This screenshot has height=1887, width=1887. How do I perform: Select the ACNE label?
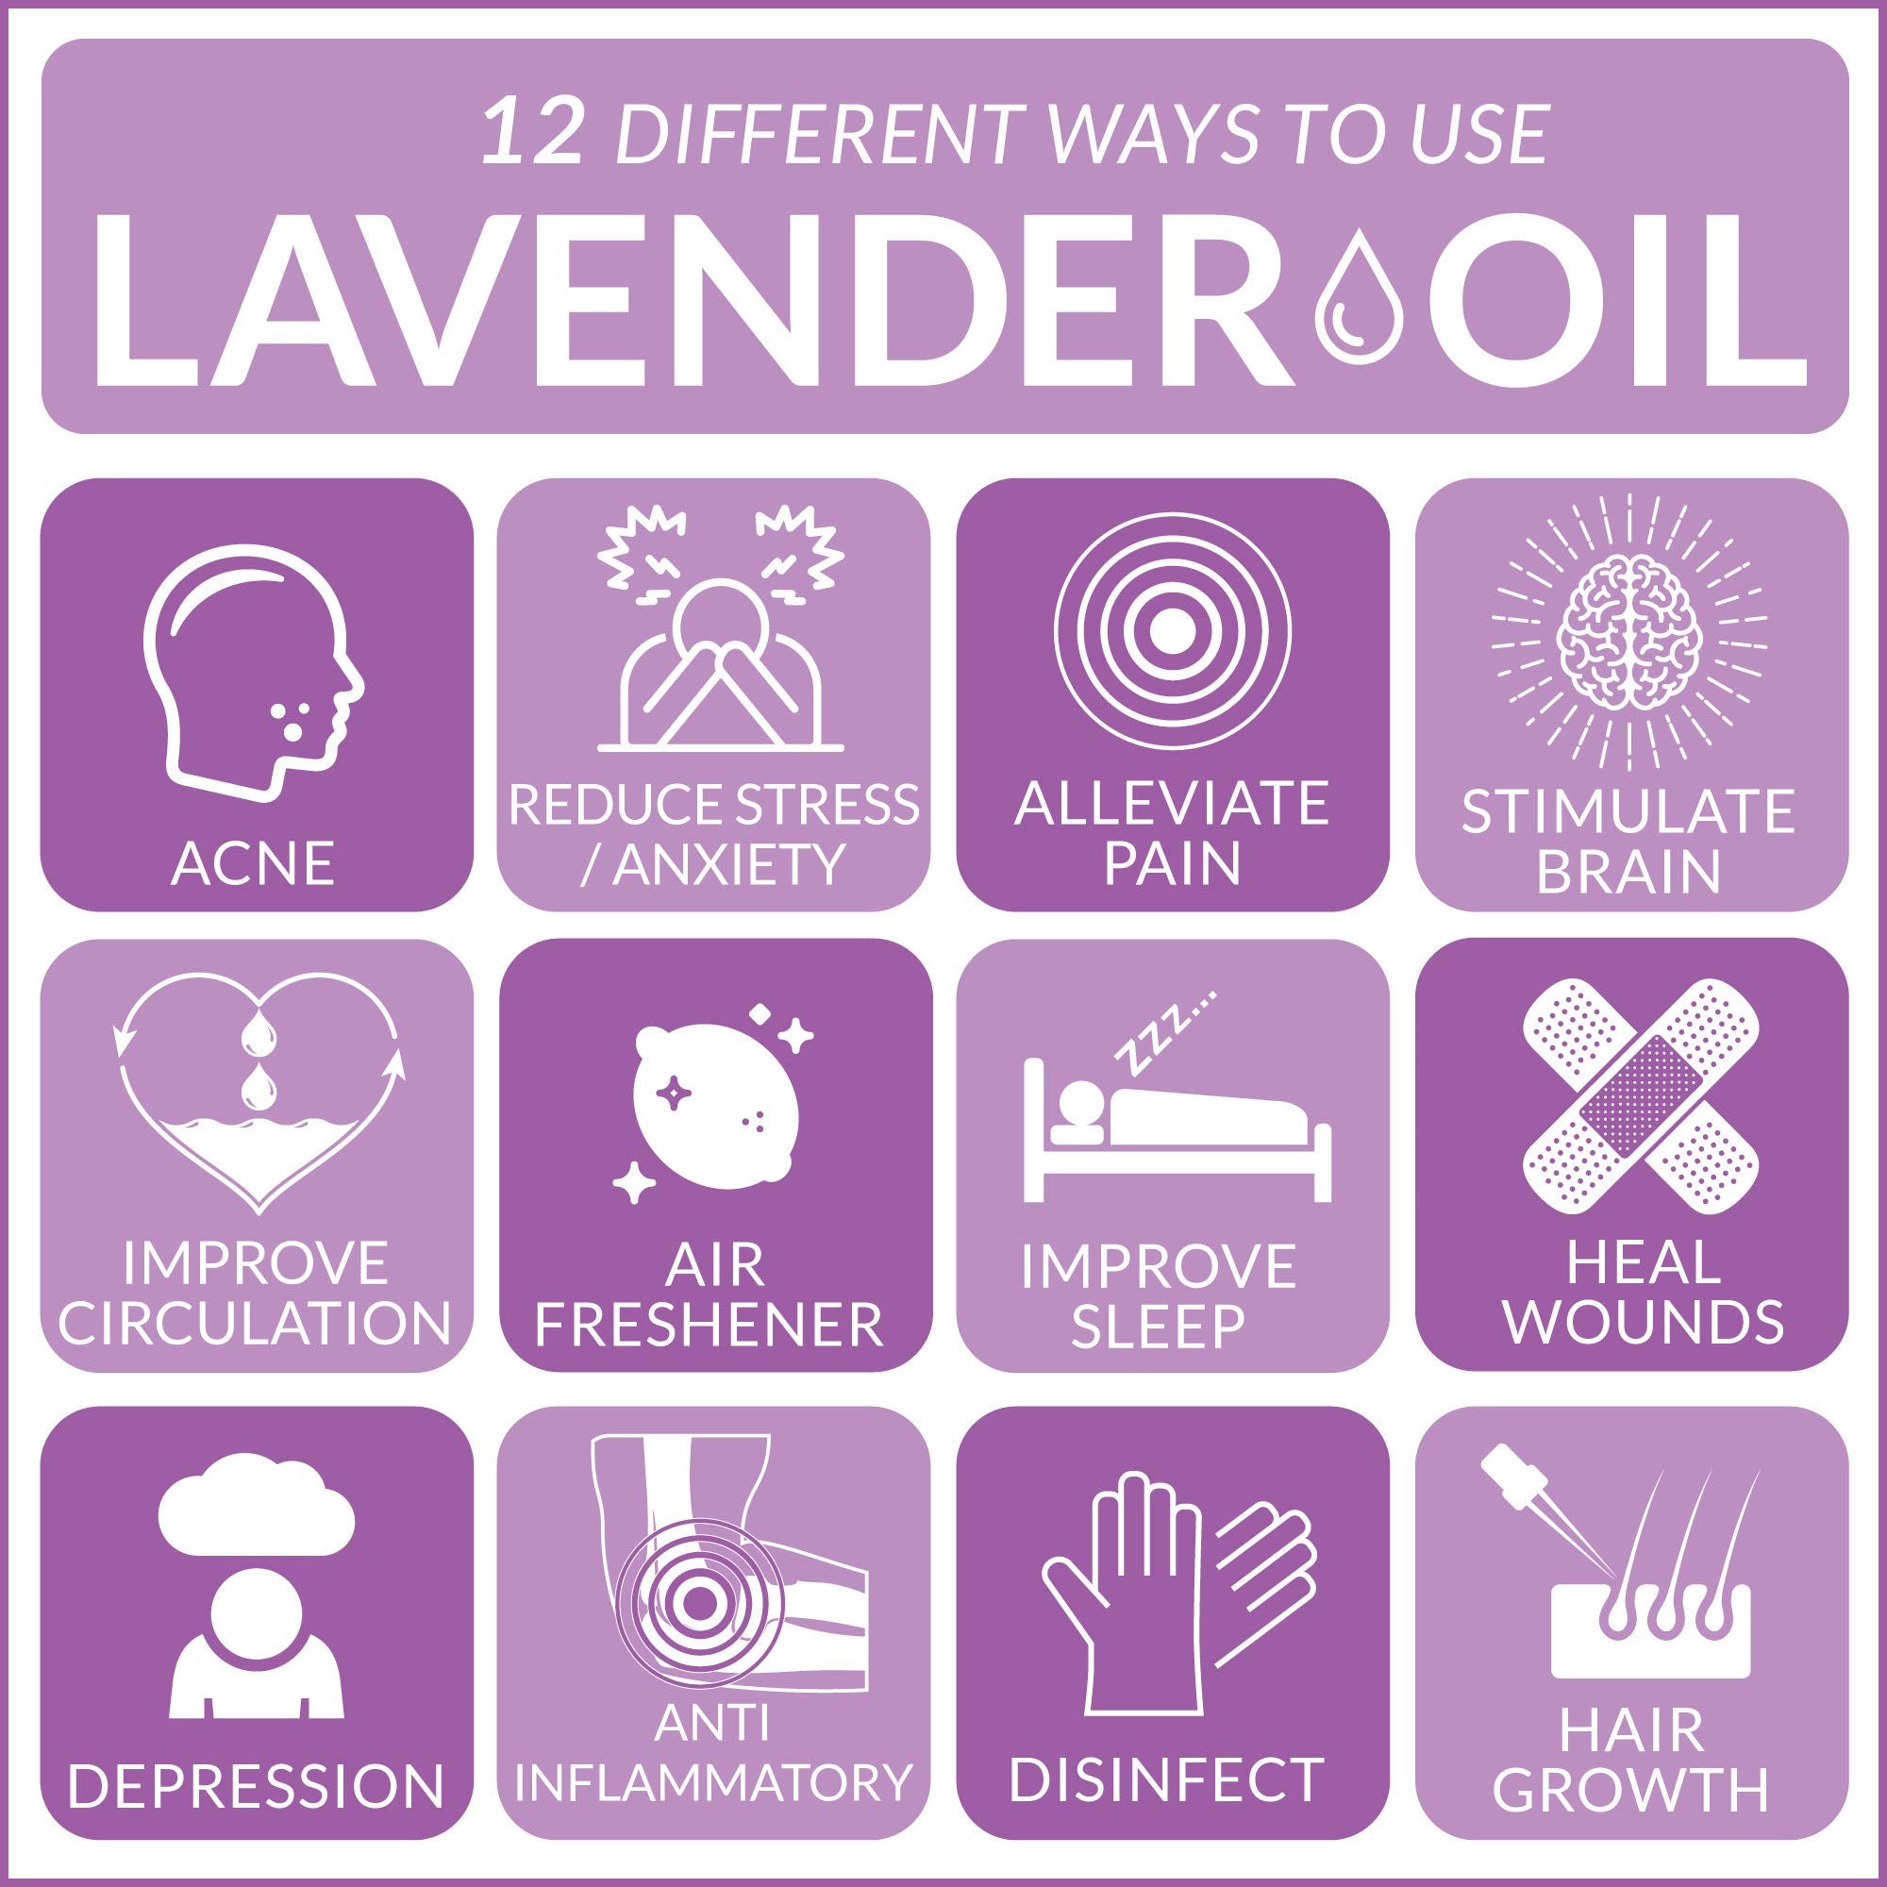[253, 862]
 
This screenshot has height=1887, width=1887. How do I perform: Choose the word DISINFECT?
[1166, 1779]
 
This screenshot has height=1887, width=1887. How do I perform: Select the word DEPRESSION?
[257, 1783]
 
